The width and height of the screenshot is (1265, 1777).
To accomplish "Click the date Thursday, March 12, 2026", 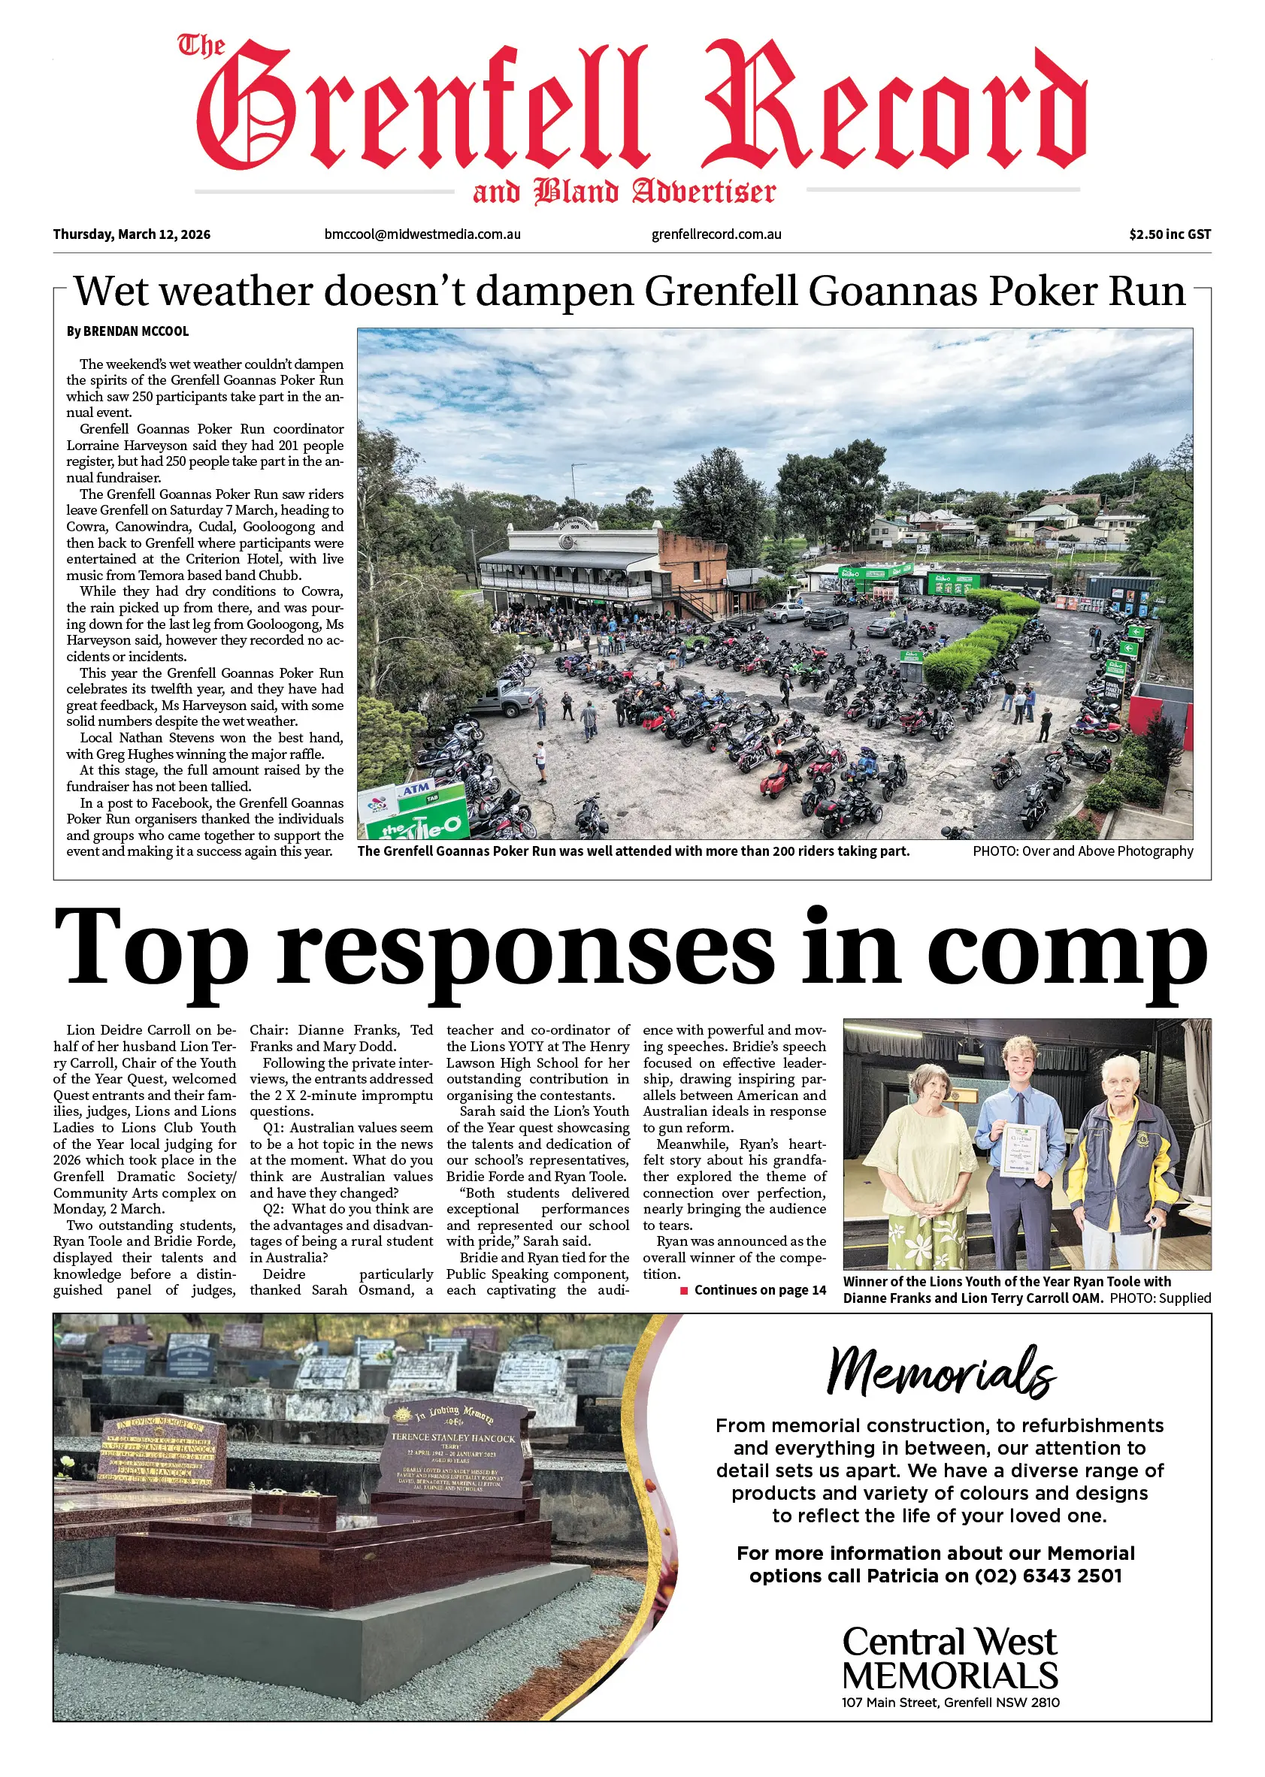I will coord(132,234).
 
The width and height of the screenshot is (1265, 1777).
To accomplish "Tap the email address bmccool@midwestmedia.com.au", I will coord(422,234).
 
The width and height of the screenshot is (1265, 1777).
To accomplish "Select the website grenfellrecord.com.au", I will coord(716,234).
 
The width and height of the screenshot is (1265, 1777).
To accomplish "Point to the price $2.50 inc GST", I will coord(1170,234).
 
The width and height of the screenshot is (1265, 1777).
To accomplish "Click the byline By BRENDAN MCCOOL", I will coord(128,331).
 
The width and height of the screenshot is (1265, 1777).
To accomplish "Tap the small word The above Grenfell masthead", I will coord(201,47).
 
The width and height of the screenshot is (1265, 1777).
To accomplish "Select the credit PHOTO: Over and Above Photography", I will coord(1082,851).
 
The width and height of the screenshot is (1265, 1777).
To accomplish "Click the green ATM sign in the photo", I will coord(416,790).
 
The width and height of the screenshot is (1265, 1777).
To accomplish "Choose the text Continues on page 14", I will coord(759,1290).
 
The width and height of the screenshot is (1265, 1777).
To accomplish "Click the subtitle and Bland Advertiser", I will coord(624,192).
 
